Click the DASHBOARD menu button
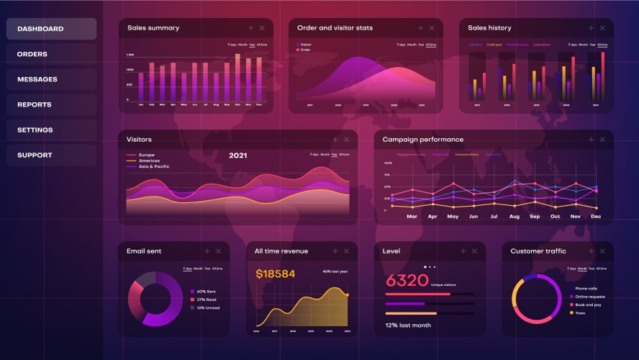(51, 29)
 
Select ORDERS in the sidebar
(51, 54)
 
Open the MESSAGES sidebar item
(51, 79)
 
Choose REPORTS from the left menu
(51, 104)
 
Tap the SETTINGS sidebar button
(51, 130)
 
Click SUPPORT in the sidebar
(51, 155)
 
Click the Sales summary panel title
(153, 28)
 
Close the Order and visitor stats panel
(432, 28)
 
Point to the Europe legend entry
(146, 155)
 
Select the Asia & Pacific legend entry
(153, 166)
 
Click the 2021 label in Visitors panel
(237, 155)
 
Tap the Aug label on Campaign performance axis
(514, 216)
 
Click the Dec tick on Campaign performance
(596, 216)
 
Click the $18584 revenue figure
(276, 274)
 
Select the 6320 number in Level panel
(407, 280)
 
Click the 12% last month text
(407, 325)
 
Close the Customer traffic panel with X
(602, 251)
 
